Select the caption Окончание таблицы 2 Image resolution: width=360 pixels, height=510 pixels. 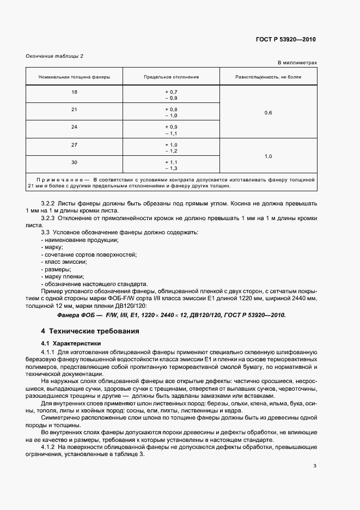click(x=55, y=56)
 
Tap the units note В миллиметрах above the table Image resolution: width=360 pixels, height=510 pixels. click(x=297, y=63)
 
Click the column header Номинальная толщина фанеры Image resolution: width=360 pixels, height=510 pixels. click(x=74, y=77)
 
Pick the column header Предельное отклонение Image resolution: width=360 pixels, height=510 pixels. click(x=172, y=77)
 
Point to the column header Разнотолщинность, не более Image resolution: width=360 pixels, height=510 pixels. click(x=268, y=77)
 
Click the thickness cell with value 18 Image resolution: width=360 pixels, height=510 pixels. click(x=74, y=92)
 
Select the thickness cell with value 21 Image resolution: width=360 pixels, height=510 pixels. click(x=74, y=110)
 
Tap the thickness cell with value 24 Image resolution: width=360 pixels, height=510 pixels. click(x=74, y=127)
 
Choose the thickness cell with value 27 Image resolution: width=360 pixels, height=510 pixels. click(x=74, y=144)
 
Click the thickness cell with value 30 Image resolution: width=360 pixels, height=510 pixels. click(x=74, y=162)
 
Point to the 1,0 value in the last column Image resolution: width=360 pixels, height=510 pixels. click(x=268, y=156)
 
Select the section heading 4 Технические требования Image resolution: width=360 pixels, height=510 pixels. click(x=91, y=331)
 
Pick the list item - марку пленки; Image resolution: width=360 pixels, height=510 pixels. click(x=63, y=276)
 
